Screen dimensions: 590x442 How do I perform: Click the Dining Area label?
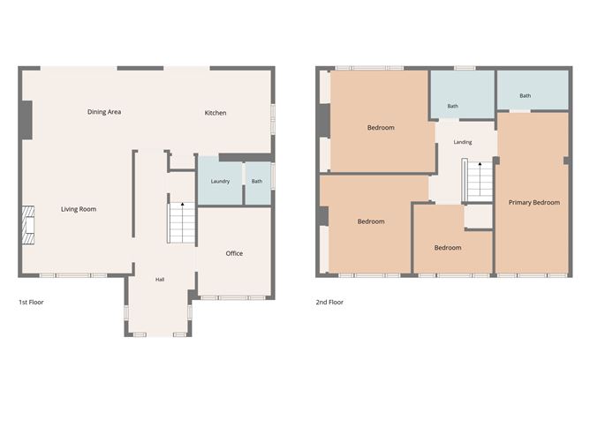pyautogui.click(x=104, y=112)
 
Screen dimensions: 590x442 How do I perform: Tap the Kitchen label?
pyautogui.click(x=216, y=113)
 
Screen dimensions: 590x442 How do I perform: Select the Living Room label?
pyautogui.click(x=79, y=209)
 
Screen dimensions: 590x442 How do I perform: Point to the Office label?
pyautogui.click(x=234, y=253)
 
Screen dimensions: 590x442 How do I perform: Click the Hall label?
pyautogui.click(x=160, y=280)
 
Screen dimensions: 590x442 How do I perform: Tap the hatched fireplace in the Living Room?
pyautogui.click(x=28, y=225)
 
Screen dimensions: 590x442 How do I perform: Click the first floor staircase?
pyautogui.click(x=181, y=222)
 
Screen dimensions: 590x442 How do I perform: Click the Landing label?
pyautogui.click(x=463, y=142)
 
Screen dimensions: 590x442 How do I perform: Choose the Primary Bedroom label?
pyautogui.click(x=534, y=203)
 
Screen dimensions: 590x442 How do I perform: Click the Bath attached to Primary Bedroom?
pyautogui.click(x=533, y=90)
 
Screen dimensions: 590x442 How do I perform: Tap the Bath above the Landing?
pyautogui.click(x=463, y=94)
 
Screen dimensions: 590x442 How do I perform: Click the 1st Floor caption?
pyautogui.click(x=31, y=303)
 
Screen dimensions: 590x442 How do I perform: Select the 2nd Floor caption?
pyautogui.click(x=329, y=303)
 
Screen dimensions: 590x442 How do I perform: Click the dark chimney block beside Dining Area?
pyautogui.click(x=26, y=120)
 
